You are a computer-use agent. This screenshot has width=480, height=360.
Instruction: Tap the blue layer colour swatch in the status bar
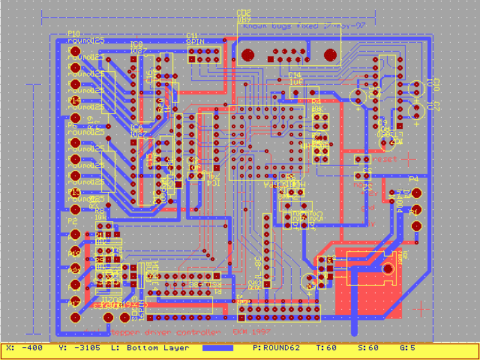pos(217,348)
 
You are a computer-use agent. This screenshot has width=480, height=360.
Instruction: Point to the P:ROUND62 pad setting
pos(277,348)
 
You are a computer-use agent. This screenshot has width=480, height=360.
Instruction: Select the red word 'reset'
pos(385,159)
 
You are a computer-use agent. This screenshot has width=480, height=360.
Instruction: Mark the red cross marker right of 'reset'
pos(409,158)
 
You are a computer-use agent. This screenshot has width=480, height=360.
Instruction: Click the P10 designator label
pos(74,34)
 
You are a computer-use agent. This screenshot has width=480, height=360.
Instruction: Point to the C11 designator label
pos(193,34)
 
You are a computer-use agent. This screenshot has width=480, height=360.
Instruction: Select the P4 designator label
pos(413,179)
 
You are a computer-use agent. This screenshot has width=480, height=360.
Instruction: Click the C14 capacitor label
pos(295,75)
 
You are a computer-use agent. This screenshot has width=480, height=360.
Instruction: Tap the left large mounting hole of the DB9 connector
pos(247,54)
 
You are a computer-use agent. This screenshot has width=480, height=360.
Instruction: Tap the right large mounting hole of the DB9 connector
pos(328,54)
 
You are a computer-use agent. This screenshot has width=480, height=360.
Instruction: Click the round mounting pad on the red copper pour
pos(388,268)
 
